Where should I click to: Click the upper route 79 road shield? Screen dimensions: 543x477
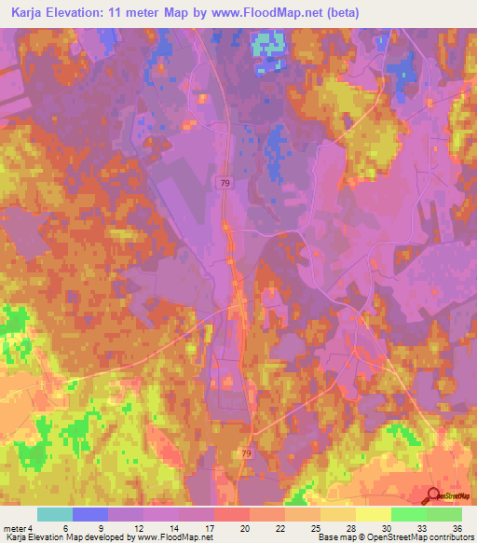[226, 185]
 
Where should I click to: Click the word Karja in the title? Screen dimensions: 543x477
[26, 13]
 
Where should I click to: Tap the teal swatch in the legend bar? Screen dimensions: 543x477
[55, 514]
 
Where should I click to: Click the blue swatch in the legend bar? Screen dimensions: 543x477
[90, 514]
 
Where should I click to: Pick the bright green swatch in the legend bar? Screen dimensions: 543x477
[408, 514]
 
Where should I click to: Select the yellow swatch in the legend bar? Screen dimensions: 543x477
[373, 514]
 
